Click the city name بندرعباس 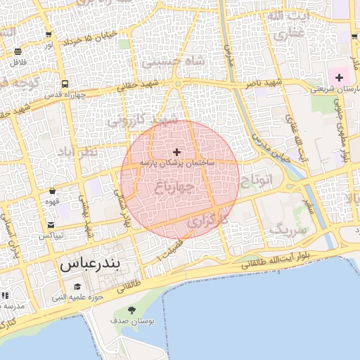pos(91,265)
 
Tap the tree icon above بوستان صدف pos(131,310)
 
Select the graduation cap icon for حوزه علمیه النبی pos(77,286)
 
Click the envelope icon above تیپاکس pos(51,224)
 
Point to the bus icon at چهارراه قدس pos(65,84)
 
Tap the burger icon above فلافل pos(18,51)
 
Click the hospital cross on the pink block pos(340,77)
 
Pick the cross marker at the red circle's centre pos(176,152)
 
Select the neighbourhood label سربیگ pos(289,229)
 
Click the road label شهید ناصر pos(264,83)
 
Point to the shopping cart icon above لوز pos(48,34)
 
